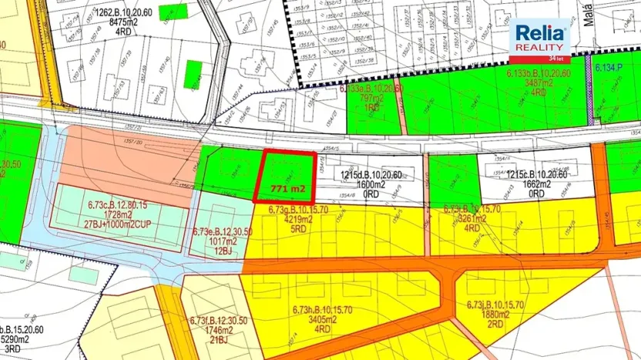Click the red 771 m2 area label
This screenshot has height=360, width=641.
[288, 188]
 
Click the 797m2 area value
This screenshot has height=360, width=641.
[371, 98]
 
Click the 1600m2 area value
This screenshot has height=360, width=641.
[371, 184]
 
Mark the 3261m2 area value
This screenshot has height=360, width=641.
[472, 219]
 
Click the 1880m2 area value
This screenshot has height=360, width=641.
[495, 314]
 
